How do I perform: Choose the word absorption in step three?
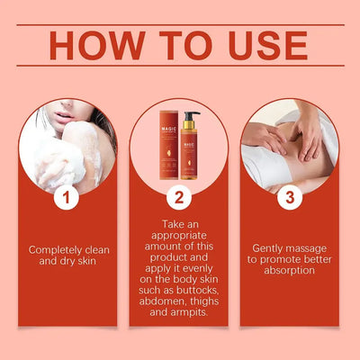290,269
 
